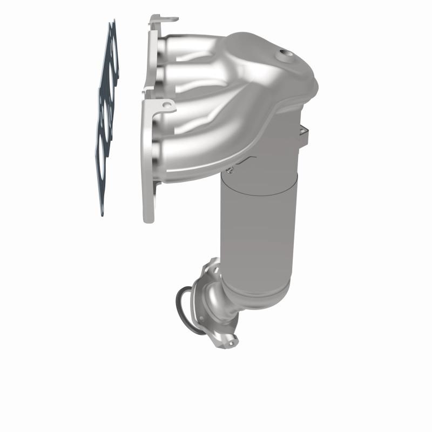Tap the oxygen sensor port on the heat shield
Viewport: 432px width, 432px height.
point(283,54)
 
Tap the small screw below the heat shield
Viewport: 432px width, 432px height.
point(230,171)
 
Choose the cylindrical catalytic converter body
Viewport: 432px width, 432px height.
point(254,227)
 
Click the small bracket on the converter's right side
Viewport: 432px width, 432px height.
point(303,132)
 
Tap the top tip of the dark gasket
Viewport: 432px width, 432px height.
point(112,23)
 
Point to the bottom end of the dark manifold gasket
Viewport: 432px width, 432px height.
point(102,213)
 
